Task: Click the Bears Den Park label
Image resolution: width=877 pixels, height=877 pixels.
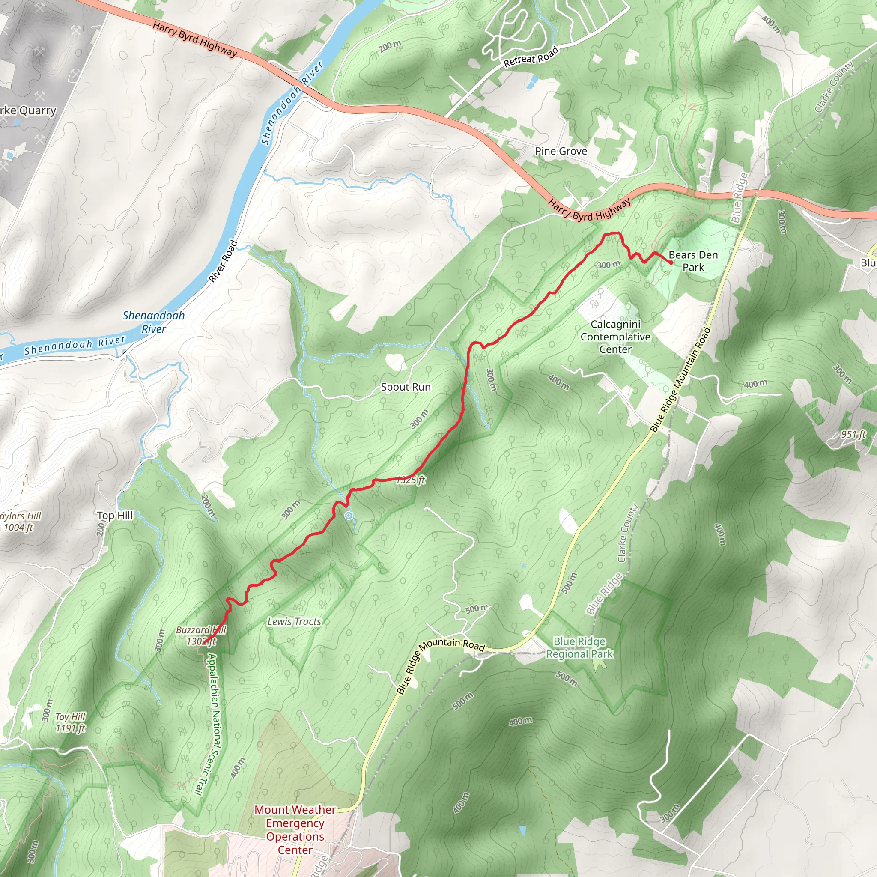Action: point(693,261)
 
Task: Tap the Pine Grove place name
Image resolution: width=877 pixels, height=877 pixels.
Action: point(561,151)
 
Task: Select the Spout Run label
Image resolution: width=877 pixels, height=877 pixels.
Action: point(406,387)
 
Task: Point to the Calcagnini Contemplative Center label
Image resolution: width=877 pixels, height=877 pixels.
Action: point(615,337)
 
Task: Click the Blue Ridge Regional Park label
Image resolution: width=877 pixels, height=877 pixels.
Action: point(580,648)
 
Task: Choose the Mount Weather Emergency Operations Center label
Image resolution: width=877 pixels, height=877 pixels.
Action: point(295,830)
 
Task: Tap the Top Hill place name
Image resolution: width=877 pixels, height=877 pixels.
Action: point(115,515)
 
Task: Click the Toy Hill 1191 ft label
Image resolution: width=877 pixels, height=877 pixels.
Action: point(70,722)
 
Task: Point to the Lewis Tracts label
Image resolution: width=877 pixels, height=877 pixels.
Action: point(294,621)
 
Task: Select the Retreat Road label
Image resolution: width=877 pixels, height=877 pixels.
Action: point(531,58)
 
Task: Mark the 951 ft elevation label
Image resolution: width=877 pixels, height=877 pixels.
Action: point(853,434)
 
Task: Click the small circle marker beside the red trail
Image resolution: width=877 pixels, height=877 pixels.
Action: point(348,515)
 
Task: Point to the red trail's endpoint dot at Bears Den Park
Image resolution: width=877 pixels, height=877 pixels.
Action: point(671,263)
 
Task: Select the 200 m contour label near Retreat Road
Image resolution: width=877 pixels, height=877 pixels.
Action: point(390,45)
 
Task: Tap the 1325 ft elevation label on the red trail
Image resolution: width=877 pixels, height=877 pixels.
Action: point(411,480)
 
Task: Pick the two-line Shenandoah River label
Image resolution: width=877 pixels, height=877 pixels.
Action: point(153,322)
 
